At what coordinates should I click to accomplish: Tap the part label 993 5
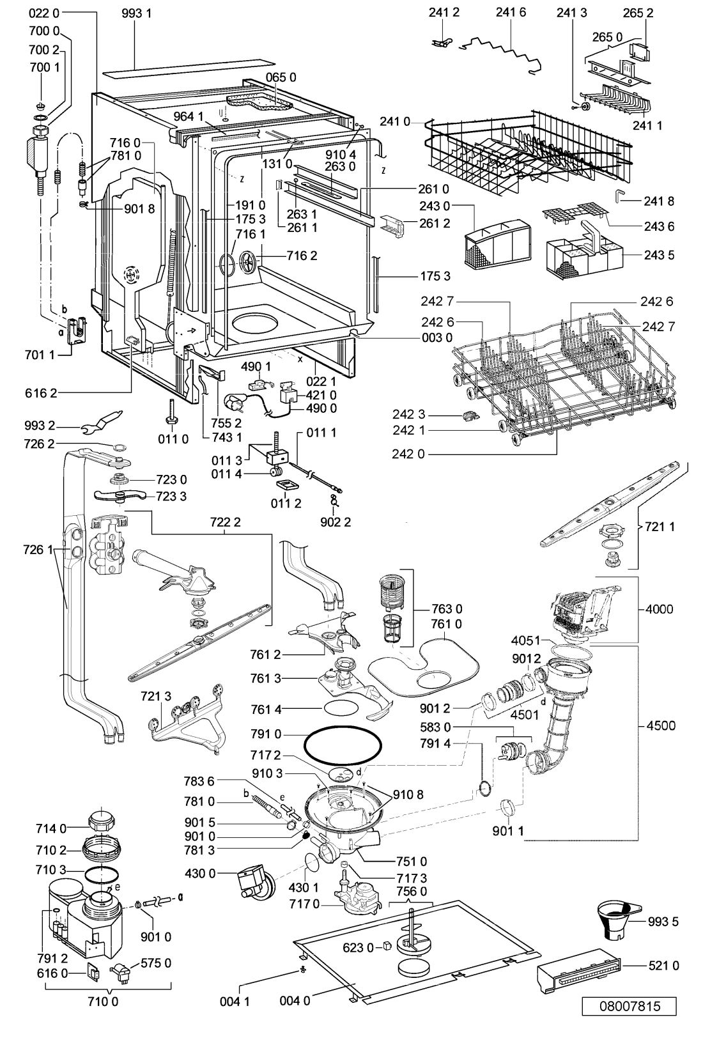click(x=663, y=921)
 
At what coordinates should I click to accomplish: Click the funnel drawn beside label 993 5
click(x=618, y=920)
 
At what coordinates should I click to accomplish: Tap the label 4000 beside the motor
click(x=659, y=608)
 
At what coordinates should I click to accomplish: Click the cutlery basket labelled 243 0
click(x=497, y=244)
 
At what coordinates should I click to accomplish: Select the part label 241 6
click(x=511, y=13)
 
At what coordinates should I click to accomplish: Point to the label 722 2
click(x=225, y=522)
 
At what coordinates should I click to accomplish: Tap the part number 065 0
click(x=281, y=77)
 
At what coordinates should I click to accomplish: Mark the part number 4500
click(x=661, y=725)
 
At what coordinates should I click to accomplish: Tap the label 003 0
click(x=436, y=337)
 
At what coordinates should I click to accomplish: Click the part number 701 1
click(x=40, y=355)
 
